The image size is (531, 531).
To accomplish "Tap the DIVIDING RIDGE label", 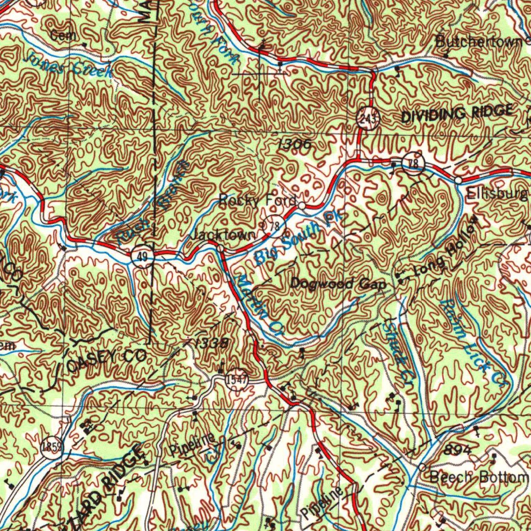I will coord(458,114).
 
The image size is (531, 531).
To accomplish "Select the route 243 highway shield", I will coord(368,119).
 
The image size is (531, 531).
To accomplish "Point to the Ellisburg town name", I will coord(497,194).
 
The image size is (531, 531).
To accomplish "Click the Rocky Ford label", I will coord(257,200).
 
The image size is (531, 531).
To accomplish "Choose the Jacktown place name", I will coord(223,235).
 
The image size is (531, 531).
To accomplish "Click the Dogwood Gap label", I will coord(338,284).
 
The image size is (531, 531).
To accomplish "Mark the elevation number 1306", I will coord(294,146).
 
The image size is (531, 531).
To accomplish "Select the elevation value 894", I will coord(457,450).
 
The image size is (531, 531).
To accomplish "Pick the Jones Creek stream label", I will coord(67,64).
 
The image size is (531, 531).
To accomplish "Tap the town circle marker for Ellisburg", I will coord(459,180).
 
